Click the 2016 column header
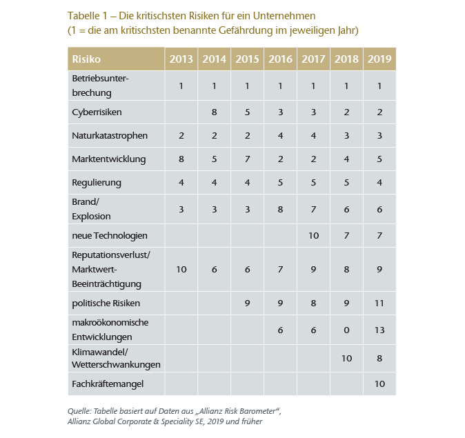[x=280, y=59]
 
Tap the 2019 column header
[x=379, y=59]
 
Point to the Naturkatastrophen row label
[x=110, y=136]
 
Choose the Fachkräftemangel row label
[x=107, y=383]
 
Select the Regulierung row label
[x=97, y=183]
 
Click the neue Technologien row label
[x=110, y=235]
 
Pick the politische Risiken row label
[x=106, y=303]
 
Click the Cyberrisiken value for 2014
[x=214, y=112]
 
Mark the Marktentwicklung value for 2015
[x=247, y=159]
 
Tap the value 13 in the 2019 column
[x=379, y=330]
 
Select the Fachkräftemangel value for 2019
[x=379, y=383]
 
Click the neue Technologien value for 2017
[x=313, y=235]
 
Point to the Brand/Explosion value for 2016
[x=280, y=209]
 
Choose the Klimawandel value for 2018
[x=346, y=357]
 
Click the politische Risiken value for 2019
[x=379, y=303]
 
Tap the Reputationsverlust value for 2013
[x=181, y=269]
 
